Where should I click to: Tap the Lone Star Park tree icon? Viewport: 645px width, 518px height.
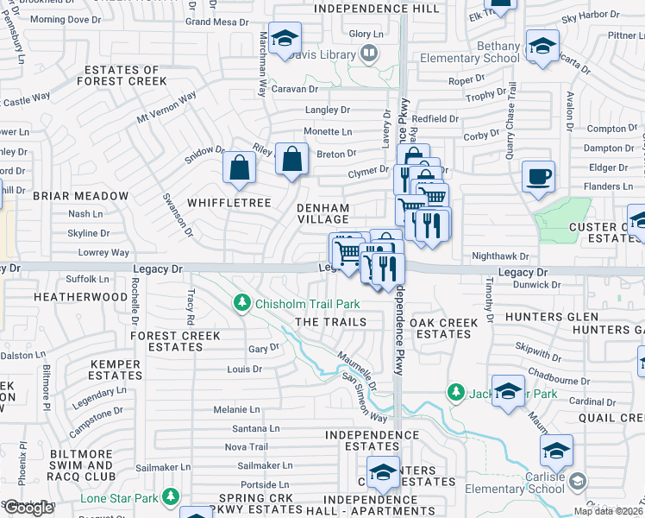click(x=171, y=496)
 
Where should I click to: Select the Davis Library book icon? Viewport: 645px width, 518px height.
click(x=369, y=54)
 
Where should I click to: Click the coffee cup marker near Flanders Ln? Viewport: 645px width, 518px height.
click(x=539, y=177)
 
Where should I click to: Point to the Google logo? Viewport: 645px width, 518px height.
click(x=28, y=508)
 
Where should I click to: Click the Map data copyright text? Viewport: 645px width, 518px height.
click(x=608, y=511)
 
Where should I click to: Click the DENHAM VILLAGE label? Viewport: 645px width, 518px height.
click(x=323, y=214)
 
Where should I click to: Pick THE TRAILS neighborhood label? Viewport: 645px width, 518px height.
click(x=330, y=322)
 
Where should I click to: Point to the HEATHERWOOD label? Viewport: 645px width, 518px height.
click(x=80, y=296)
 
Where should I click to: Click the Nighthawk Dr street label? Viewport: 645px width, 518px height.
click(x=499, y=256)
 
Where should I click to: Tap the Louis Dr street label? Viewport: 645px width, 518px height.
click(x=244, y=369)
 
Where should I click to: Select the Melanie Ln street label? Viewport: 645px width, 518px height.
click(x=237, y=409)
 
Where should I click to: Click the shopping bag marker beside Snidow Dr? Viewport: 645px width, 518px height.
click(x=239, y=167)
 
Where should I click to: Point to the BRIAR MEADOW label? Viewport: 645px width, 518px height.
click(x=80, y=196)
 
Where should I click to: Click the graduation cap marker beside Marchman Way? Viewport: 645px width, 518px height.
click(x=284, y=39)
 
